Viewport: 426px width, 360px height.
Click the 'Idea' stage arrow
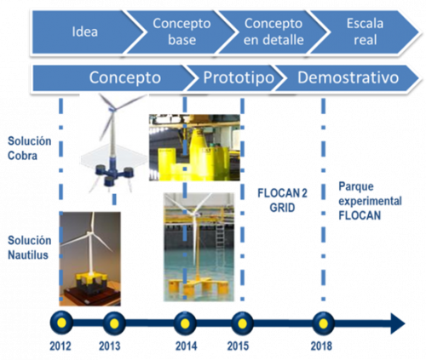[85, 31]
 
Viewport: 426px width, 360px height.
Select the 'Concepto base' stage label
[181, 31]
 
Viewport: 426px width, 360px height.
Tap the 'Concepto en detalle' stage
[273, 31]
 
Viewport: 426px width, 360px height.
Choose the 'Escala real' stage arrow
[365, 31]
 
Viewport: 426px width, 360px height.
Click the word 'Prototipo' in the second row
[239, 77]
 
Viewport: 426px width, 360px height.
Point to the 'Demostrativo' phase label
[348, 77]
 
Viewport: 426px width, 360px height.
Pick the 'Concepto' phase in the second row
[125, 77]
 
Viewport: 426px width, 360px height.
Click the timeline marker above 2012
[61, 323]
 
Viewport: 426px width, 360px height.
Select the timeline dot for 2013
[114, 323]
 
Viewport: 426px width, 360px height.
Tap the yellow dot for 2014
[185, 323]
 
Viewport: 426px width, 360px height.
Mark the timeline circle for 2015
[242, 323]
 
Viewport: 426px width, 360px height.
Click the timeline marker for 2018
[323, 323]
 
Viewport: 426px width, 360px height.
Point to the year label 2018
[321, 346]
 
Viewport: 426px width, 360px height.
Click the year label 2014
[186, 346]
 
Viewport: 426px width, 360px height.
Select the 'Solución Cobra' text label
[29, 148]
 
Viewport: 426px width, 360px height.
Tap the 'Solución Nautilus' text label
[29, 248]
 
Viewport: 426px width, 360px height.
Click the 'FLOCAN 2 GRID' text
[282, 201]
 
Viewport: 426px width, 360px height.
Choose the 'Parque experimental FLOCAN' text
[370, 201]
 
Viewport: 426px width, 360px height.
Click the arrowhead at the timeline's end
[398, 323]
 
